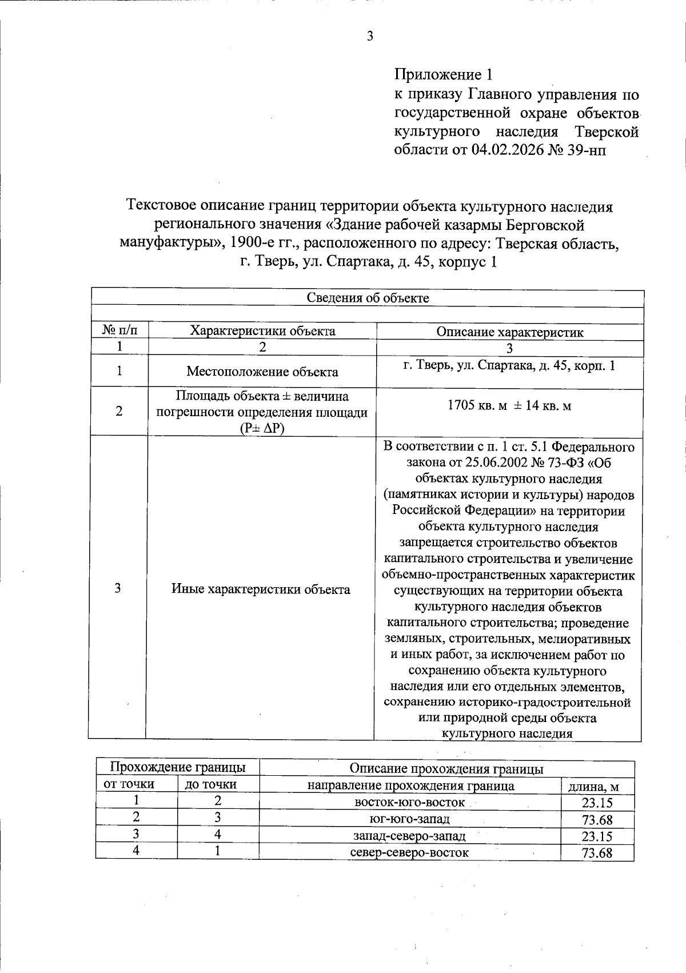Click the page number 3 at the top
pos(369,37)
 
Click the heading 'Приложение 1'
pos(443,74)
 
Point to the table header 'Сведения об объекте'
pos(368,298)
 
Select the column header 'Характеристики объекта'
pos(262,331)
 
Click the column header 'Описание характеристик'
pos(510,332)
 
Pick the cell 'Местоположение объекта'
pos(262,372)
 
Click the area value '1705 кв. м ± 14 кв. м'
pos(509,406)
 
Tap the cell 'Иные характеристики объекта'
pos(261,589)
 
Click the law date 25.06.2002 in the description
pos(482,462)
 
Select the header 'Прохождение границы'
pos(177,767)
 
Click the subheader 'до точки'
pos(211,784)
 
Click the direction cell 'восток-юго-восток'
pos(410,802)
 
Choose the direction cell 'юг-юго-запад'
pos(410,819)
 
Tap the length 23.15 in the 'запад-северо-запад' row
pos(597,836)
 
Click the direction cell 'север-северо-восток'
pos(409,853)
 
